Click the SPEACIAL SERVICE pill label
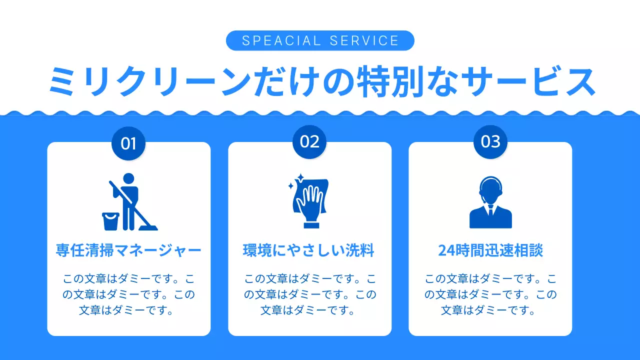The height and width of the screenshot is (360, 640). [320, 40]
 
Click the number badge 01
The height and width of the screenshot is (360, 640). [128, 143]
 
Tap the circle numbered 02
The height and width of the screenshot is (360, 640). [309, 141]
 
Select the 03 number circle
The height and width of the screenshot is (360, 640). [490, 141]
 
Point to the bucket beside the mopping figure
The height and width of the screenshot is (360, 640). [110, 221]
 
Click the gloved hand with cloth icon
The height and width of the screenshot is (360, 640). [310, 201]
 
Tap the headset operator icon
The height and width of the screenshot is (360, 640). [490, 202]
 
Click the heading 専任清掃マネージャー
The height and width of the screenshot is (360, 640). [128, 250]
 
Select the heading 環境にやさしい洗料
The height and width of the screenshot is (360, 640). [309, 250]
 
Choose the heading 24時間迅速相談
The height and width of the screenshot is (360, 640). [490, 250]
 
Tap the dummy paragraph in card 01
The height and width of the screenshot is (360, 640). [128, 294]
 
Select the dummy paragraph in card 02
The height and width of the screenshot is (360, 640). [309, 294]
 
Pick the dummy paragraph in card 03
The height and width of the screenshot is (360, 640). [490, 294]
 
